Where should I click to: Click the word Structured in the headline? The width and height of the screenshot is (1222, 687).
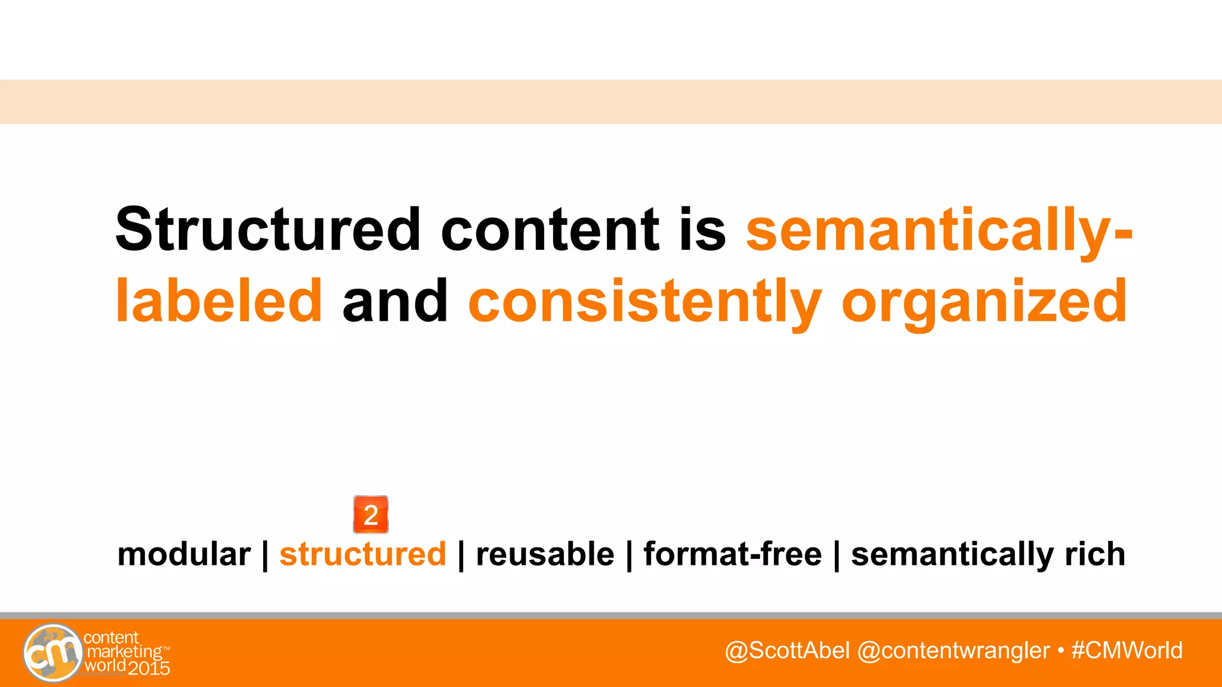[x=268, y=229]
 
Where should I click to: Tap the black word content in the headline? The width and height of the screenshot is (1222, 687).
[x=550, y=229]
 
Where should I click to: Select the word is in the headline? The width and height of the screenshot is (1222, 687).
[x=702, y=229]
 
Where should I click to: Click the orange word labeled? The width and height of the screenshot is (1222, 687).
[x=219, y=301]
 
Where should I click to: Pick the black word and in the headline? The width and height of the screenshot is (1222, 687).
[x=395, y=301]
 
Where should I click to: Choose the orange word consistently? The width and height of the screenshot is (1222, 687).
[x=645, y=302]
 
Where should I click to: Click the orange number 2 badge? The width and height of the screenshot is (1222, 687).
[x=371, y=515]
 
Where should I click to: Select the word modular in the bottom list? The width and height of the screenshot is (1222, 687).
[x=184, y=554]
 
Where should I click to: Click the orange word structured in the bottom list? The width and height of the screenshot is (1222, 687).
[x=363, y=554]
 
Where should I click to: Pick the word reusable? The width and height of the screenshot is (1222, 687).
[x=545, y=554]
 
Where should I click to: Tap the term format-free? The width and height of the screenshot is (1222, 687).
[x=732, y=554]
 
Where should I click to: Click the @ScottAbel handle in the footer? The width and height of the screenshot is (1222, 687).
[x=787, y=650]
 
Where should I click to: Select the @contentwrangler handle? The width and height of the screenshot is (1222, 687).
[x=953, y=650]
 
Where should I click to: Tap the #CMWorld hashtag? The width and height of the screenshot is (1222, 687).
[x=1127, y=650]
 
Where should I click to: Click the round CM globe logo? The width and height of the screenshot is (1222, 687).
[x=53, y=653]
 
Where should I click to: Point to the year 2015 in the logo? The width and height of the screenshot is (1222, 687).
[x=149, y=668]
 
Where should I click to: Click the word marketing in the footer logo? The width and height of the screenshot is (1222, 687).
[x=124, y=652]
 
